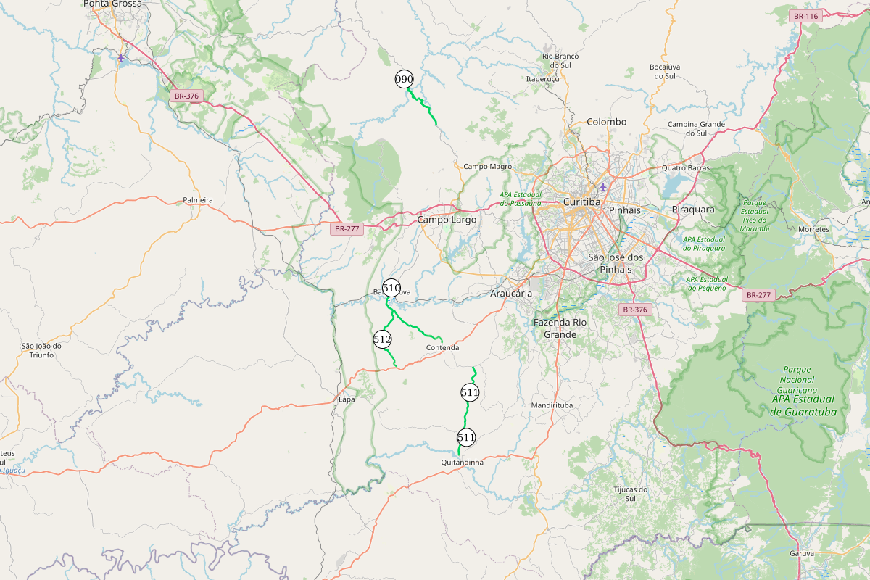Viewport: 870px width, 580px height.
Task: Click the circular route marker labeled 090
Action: click(404, 79)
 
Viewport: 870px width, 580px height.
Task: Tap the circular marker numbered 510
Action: click(391, 288)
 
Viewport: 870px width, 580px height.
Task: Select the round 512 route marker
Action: click(382, 339)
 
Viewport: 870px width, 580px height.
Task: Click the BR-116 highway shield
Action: click(805, 16)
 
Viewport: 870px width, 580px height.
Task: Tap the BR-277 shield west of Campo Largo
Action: click(346, 229)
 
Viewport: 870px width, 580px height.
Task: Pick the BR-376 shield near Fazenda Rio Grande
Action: click(634, 310)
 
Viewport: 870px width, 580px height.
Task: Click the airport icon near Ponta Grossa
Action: click(121, 57)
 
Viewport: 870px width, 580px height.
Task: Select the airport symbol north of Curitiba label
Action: click(603, 187)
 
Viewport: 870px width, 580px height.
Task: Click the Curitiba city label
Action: click(581, 202)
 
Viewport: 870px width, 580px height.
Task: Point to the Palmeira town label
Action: click(198, 199)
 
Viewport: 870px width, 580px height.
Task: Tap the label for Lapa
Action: click(347, 399)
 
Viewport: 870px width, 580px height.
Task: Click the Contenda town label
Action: click(442, 347)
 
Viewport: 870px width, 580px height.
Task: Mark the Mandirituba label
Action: click(552, 405)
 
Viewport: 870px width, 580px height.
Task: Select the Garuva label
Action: click(802, 553)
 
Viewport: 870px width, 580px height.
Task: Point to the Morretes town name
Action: click(813, 229)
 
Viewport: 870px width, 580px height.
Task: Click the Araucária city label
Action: click(511, 294)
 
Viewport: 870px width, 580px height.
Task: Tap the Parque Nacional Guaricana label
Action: click(797, 379)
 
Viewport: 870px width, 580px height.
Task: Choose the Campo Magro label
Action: click(487, 167)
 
